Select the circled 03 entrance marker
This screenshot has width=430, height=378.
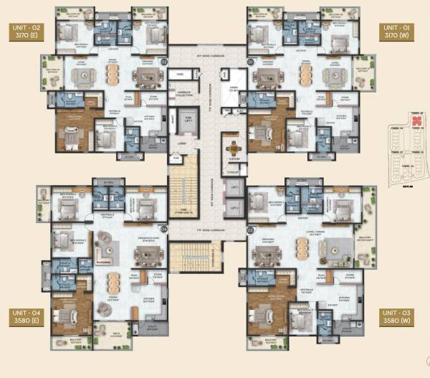point(250,230)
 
